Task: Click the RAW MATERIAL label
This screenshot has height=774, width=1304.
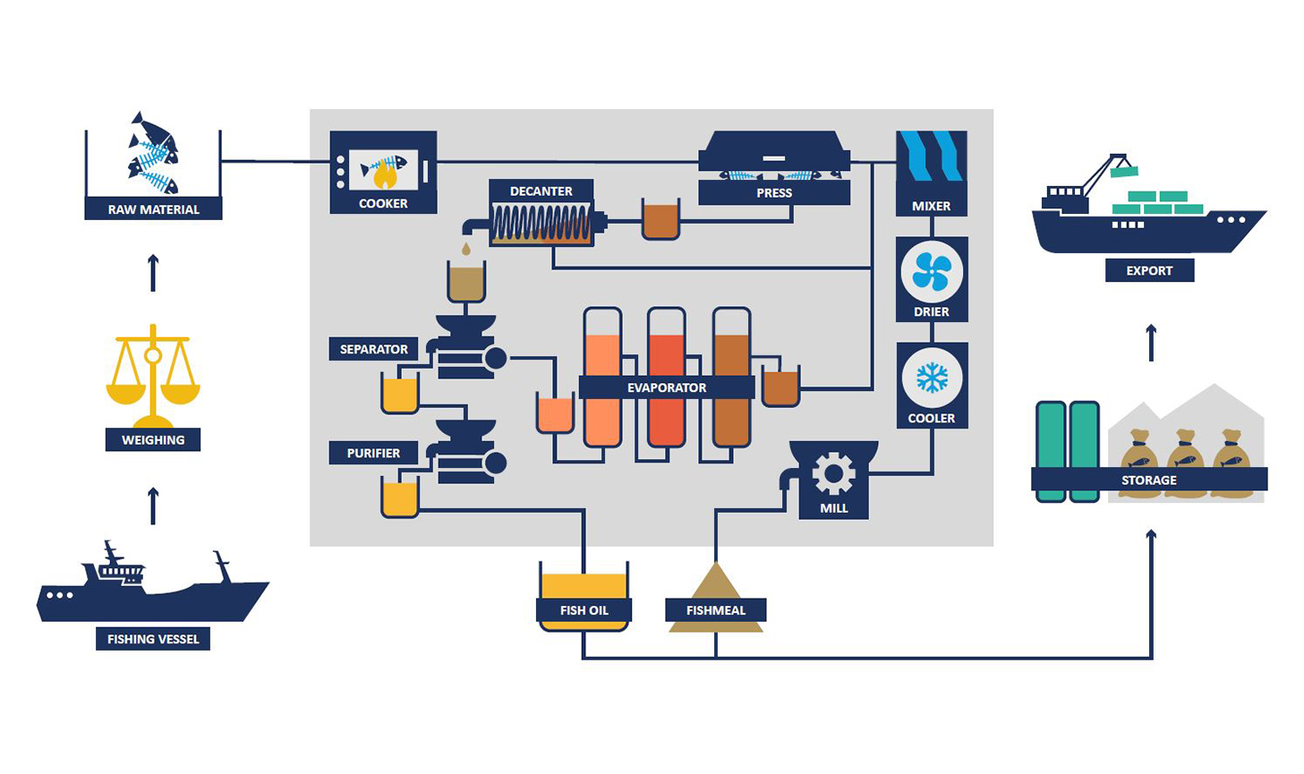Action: (x=153, y=209)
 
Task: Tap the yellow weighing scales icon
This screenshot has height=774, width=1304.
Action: (x=153, y=376)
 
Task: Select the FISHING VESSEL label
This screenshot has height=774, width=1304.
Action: (x=153, y=639)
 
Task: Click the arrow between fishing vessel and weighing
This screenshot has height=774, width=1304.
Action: (x=153, y=506)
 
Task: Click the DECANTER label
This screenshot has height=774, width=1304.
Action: (x=541, y=191)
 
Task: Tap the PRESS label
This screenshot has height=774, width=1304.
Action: (x=774, y=192)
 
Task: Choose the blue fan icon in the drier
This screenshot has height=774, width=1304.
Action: (x=931, y=271)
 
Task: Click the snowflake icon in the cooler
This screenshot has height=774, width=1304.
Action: (x=931, y=378)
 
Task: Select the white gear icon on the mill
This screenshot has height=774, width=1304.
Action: (x=833, y=474)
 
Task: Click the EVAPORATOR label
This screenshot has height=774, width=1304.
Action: (x=667, y=387)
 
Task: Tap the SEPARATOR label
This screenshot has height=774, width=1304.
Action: (x=373, y=349)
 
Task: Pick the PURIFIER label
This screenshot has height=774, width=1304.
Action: (x=373, y=453)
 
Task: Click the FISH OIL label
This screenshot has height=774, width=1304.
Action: (x=584, y=610)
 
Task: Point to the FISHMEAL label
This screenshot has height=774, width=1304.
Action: (x=716, y=610)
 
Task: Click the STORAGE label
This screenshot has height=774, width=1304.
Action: (x=1149, y=481)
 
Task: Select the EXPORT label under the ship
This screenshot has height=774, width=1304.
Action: (x=1149, y=270)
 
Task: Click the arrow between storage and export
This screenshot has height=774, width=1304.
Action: (x=1151, y=343)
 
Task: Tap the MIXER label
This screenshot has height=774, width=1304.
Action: (x=931, y=206)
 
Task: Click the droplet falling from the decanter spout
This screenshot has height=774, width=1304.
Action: (x=465, y=248)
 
